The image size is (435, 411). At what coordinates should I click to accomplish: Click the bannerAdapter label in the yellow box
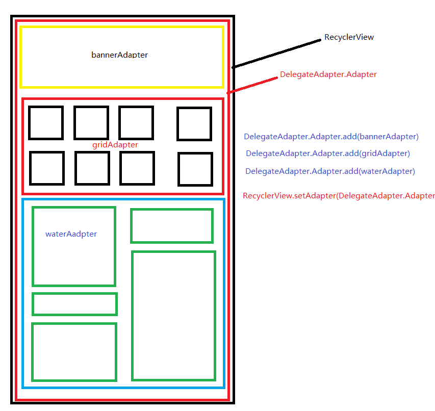(x=120, y=55)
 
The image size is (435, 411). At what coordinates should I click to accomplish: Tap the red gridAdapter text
(x=115, y=145)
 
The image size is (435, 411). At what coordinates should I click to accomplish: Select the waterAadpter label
(x=71, y=234)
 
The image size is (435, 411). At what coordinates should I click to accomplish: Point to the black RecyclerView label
(x=349, y=37)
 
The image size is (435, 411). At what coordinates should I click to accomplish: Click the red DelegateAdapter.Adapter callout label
(x=328, y=74)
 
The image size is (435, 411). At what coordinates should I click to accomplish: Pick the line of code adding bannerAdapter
(x=331, y=137)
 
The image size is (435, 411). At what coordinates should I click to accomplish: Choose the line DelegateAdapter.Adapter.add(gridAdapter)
(x=328, y=153)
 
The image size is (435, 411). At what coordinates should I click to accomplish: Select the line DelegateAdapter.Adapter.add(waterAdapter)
(x=330, y=171)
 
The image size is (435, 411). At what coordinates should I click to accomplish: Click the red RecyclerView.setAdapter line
(x=339, y=196)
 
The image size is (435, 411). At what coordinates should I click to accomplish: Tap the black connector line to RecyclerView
(x=278, y=53)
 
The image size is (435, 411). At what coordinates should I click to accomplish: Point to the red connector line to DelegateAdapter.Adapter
(x=253, y=84)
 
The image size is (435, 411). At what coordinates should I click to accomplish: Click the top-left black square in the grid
(x=46, y=123)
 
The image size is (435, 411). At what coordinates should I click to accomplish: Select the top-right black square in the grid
(x=194, y=123)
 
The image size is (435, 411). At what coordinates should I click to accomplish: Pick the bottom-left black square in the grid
(x=47, y=168)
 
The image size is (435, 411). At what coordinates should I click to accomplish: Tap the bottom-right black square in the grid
(x=195, y=169)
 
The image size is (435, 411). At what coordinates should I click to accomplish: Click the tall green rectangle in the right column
(x=173, y=316)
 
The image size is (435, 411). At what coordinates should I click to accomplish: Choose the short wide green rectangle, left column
(x=74, y=304)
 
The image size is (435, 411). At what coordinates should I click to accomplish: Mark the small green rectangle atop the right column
(x=171, y=226)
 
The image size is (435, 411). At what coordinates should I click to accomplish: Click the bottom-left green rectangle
(x=74, y=352)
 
